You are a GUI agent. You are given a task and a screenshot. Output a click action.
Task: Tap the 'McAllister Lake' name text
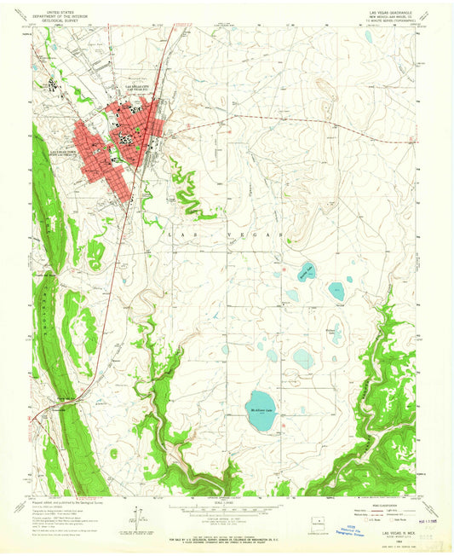pyautogui.click(x=263, y=410)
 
